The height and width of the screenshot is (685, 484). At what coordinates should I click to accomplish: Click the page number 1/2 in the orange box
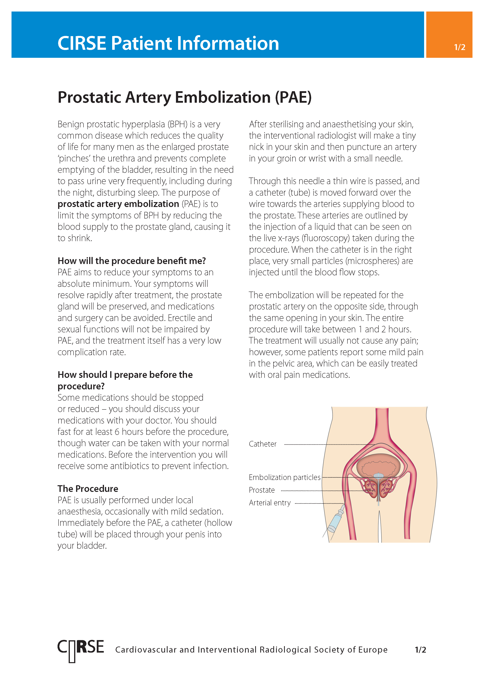[x=459, y=47]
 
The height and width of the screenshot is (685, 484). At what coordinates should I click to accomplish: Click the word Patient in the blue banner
[x=142, y=44]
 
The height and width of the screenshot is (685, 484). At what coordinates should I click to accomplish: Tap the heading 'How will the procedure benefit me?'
[x=131, y=261]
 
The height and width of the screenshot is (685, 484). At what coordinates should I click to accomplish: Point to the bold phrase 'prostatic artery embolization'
[x=118, y=204]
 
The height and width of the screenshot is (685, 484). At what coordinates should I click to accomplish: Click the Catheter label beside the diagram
[x=263, y=444]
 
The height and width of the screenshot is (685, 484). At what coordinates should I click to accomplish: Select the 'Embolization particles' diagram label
[x=284, y=477]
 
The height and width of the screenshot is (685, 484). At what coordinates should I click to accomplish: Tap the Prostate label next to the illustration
[x=262, y=490]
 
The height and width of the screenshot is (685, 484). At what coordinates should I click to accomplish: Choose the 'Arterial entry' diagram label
[x=269, y=503]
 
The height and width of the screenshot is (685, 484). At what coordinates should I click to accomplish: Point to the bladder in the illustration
[x=378, y=464]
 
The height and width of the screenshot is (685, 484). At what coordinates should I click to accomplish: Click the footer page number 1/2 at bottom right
[x=420, y=650]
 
